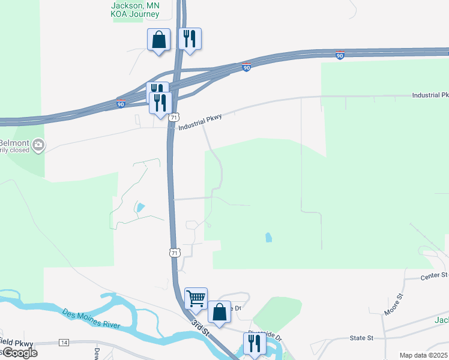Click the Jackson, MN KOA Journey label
tap(136, 9)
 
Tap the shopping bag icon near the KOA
tap(159, 40)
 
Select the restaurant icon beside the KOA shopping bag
tap(190, 39)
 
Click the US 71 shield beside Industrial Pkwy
tap(173, 118)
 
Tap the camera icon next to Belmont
tap(39, 145)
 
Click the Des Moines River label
tap(91, 319)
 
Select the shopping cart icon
tap(196, 298)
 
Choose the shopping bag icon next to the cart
tap(219, 312)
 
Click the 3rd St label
tap(200, 328)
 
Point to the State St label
tap(362, 338)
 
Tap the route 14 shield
tap(64, 343)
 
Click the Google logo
tap(19, 353)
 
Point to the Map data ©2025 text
tap(423, 355)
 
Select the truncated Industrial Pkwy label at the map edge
tap(430, 95)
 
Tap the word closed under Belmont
tap(18, 152)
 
